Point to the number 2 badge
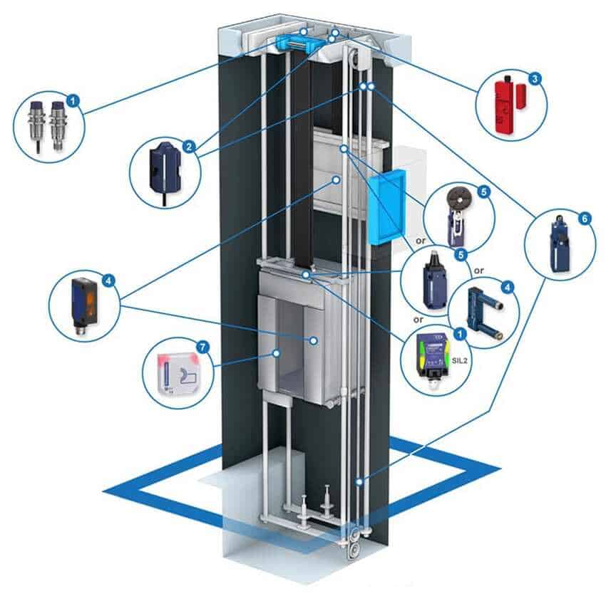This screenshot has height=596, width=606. click(189, 147)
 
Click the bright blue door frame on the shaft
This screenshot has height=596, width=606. click(386, 207)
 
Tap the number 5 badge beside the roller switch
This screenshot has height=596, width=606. click(483, 191)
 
